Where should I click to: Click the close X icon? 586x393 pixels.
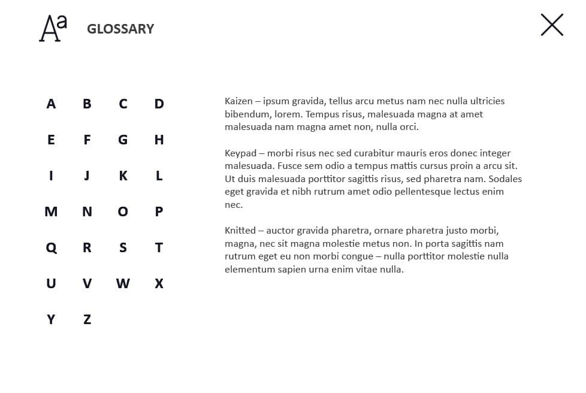click(552, 25)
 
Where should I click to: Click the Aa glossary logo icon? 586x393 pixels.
click(53, 28)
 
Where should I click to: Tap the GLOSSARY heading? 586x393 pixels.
click(120, 29)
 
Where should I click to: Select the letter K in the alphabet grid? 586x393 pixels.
click(123, 176)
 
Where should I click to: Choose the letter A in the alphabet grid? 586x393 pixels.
click(51, 104)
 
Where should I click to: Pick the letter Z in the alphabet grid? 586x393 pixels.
click(87, 319)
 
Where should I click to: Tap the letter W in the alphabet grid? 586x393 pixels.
click(123, 283)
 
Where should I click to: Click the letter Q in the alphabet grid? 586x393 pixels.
click(51, 247)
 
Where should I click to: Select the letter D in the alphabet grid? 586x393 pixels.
click(159, 104)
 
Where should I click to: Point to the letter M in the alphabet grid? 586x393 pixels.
click(51, 211)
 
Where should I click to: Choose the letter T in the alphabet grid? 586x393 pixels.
click(159, 247)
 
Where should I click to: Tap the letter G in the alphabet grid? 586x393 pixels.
click(123, 140)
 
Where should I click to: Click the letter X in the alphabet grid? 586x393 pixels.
click(159, 283)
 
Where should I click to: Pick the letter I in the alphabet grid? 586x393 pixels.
click(51, 176)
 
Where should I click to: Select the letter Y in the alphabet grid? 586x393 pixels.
click(51, 319)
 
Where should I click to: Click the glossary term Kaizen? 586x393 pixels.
click(238, 101)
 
